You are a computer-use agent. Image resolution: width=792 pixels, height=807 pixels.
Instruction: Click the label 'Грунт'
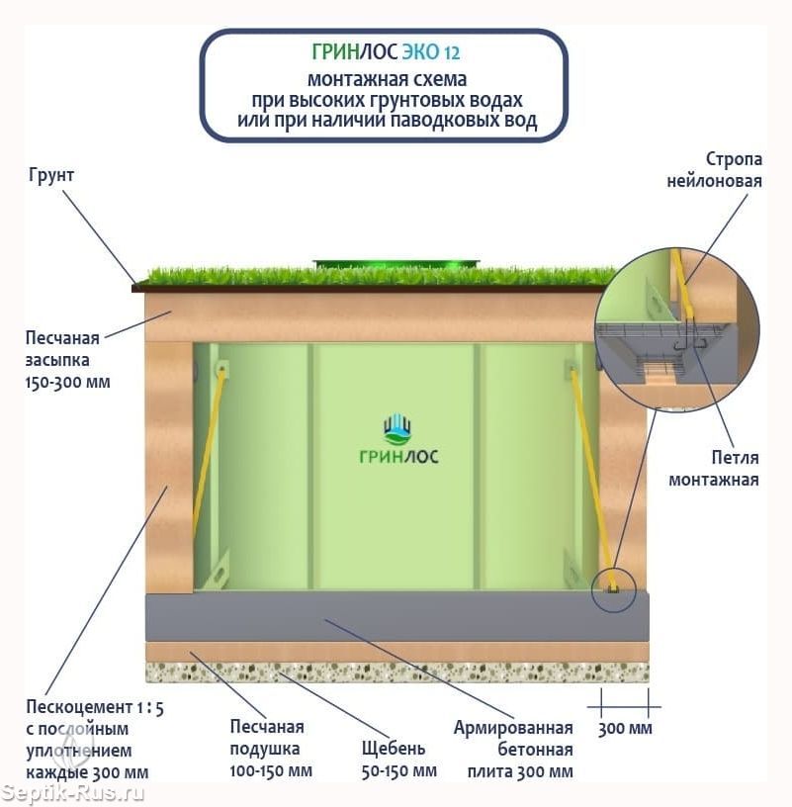(52, 175)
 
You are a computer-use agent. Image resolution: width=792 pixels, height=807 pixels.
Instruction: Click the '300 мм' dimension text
(626, 729)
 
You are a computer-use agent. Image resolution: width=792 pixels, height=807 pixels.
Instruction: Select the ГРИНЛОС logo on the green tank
(398, 440)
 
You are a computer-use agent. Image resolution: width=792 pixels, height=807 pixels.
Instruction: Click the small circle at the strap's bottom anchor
(613, 590)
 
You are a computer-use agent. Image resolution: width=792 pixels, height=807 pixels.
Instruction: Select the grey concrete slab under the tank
(396, 616)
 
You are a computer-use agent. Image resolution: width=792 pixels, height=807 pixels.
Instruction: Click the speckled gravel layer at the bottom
(396, 672)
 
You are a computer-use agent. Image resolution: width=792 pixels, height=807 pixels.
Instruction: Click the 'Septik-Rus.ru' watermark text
(74, 792)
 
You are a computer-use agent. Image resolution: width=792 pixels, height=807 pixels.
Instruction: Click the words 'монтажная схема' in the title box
(387, 78)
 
